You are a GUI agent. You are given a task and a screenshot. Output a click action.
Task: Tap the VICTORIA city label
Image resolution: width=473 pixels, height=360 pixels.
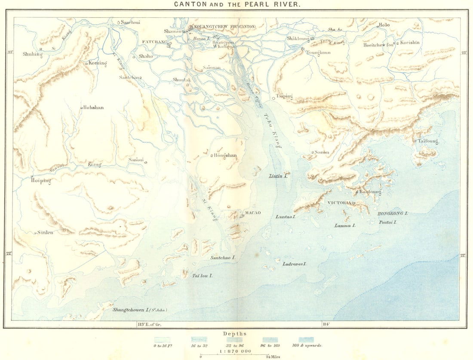coord(339,203)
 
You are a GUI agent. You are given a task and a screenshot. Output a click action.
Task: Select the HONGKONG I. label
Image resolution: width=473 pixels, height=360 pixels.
coord(392,213)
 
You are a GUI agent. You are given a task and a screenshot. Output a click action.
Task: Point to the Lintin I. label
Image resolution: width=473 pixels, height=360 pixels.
coord(278,176)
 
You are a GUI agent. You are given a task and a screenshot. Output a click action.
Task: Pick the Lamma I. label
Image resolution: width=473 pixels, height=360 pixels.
coord(345,225)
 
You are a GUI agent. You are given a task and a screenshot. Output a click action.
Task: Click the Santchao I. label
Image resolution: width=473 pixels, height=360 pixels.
coord(223,257)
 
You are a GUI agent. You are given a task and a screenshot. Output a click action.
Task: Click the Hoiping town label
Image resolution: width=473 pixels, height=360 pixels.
coord(41,181)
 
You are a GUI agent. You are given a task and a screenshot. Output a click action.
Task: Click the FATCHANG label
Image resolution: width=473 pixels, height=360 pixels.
coord(154,42)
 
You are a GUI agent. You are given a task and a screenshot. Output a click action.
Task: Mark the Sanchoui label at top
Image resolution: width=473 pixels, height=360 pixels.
coord(130,22)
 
